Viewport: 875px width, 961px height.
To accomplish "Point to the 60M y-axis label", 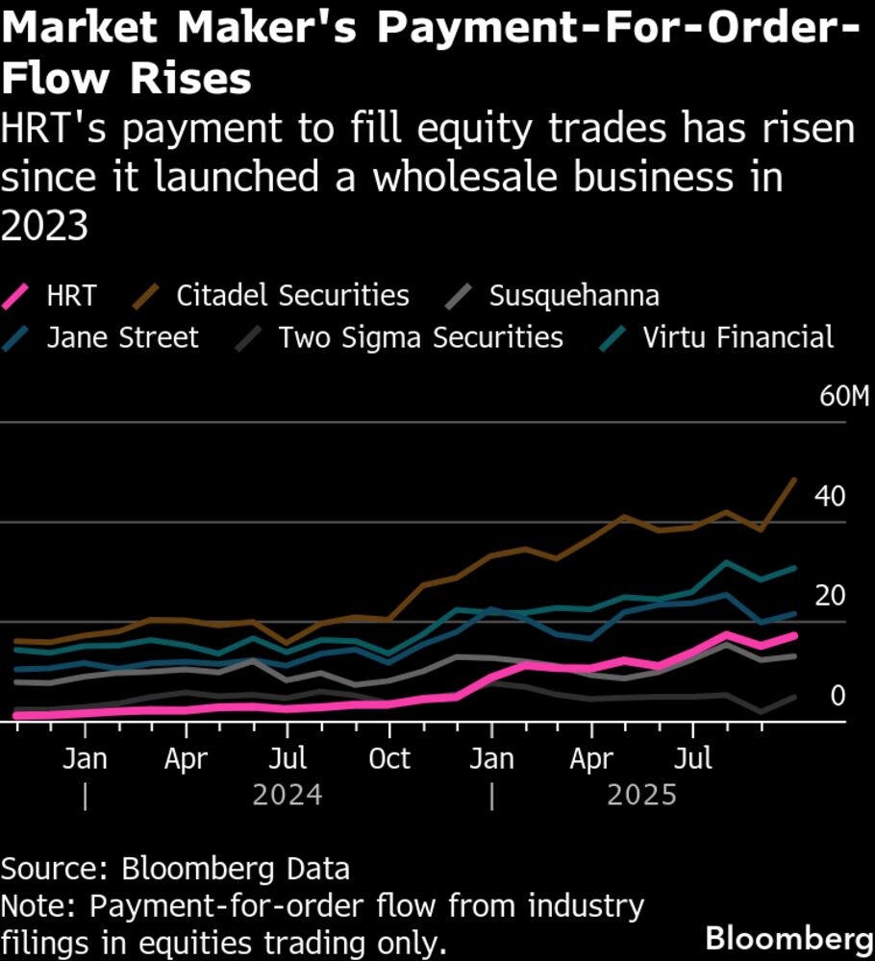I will pyautogui.click(x=843, y=398).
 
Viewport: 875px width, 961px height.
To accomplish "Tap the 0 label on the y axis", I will pyautogui.click(x=837, y=696).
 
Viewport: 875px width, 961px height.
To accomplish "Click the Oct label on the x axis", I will pyautogui.click(x=388, y=759).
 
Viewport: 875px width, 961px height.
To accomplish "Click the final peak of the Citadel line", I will pyautogui.click(x=794, y=479).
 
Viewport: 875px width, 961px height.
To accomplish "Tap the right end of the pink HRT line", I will pyautogui.click(x=794, y=634).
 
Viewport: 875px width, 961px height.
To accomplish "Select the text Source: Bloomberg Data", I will pyautogui.click(x=175, y=870).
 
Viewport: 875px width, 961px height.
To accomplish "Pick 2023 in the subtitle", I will pyautogui.click(x=44, y=227).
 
